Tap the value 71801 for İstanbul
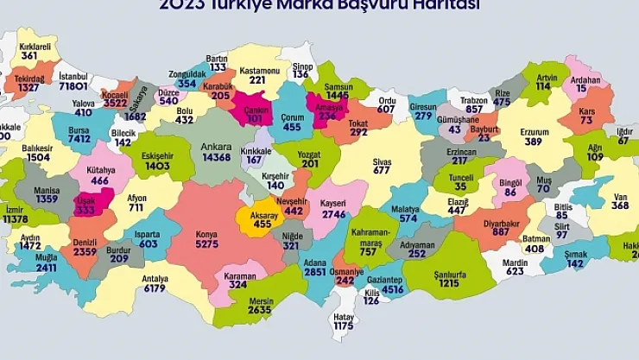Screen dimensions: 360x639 (74, 86)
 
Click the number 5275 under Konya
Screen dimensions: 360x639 (207, 245)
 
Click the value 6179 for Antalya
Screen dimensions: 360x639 (155, 288)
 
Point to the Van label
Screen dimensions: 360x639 (620, 194)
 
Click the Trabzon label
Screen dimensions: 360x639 (474, 99)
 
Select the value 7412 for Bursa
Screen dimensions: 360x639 (79, 138)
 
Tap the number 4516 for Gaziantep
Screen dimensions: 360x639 (393, 289)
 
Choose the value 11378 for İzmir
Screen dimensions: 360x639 (16, 219)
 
